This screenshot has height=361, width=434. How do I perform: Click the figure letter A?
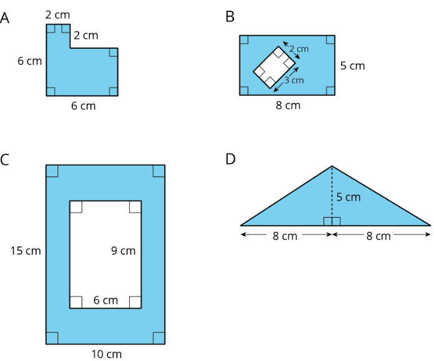point(5,18)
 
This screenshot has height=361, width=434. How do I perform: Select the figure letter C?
point(5,159)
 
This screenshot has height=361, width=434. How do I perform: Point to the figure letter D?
point(230,159)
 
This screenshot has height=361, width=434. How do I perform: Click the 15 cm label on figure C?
point(26,251)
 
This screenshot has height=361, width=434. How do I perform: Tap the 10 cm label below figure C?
point(106,354)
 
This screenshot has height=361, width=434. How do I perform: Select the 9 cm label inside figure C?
point(123,251)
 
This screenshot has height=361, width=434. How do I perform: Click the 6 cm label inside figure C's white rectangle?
point(106,300)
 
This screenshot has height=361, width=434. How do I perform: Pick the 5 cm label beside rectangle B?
point(352,66)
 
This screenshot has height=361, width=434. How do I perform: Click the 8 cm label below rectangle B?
point(288,105)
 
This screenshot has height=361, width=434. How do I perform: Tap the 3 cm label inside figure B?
point(293,80)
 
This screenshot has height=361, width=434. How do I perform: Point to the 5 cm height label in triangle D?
point(348,197)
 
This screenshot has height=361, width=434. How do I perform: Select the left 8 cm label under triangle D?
point(285,236)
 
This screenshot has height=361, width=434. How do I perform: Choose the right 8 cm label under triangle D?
point(378,236)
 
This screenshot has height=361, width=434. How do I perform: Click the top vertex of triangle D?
point(332,166)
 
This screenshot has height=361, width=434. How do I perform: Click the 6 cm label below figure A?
point(83,106)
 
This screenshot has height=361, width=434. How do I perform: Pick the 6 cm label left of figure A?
point(29,61)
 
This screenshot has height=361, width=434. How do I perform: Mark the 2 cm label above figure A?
point(57,13)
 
